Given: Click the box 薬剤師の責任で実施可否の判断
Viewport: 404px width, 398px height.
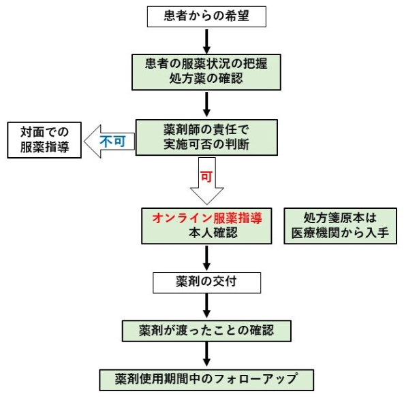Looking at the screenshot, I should coord(206,137).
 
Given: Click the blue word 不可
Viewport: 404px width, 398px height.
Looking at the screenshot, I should coord(112,142).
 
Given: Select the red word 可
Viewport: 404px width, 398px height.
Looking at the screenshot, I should coord(206,176).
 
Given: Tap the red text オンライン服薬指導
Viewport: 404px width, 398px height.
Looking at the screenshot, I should coord(206,218).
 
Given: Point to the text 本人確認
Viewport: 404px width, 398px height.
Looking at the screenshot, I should coord(206,233).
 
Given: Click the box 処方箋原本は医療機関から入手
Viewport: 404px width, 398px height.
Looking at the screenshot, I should coord(340,225).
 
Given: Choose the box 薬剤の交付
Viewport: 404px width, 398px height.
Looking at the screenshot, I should coord(206,282).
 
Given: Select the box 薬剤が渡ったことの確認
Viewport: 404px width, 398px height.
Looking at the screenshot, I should coord(206,331).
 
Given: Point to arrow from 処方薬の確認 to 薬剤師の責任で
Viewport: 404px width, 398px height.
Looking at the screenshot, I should coord(206,104).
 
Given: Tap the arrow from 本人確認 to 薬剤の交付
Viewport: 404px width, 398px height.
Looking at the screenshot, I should coord(206,258).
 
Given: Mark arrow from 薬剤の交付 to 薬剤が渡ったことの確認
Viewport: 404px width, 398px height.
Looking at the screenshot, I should coord(206,305).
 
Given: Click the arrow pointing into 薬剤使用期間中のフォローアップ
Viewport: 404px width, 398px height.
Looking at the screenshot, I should coord(206,354).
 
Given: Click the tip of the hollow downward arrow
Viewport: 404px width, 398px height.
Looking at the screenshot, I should coord(206,203).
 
